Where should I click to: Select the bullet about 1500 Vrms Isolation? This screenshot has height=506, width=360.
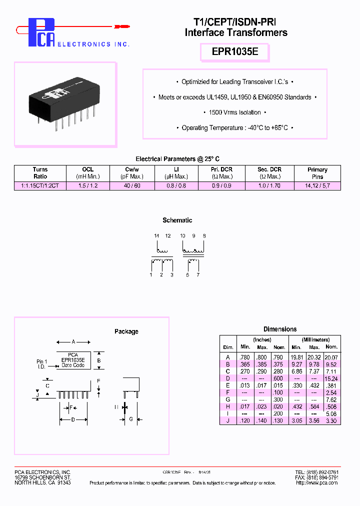235,112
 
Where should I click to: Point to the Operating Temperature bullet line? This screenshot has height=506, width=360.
234,128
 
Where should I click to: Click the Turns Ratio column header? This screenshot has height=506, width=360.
40,172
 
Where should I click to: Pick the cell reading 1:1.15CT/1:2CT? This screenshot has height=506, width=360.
40,185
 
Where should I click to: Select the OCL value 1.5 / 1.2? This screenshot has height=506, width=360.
88,185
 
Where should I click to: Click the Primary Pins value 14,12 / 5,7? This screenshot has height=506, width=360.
317,185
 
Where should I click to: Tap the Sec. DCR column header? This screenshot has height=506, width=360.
270,172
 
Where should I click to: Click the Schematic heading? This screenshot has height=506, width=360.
177,220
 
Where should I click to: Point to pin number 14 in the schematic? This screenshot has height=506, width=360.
156,235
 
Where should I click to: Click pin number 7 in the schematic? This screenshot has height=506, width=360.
198,275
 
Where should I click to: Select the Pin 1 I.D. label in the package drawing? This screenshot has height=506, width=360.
42,364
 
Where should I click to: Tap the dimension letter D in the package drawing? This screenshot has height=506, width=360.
72,419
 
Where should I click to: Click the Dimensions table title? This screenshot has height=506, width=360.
280,329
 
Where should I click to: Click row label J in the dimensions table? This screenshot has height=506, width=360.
228,421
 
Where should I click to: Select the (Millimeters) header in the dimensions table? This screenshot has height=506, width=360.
315,339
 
